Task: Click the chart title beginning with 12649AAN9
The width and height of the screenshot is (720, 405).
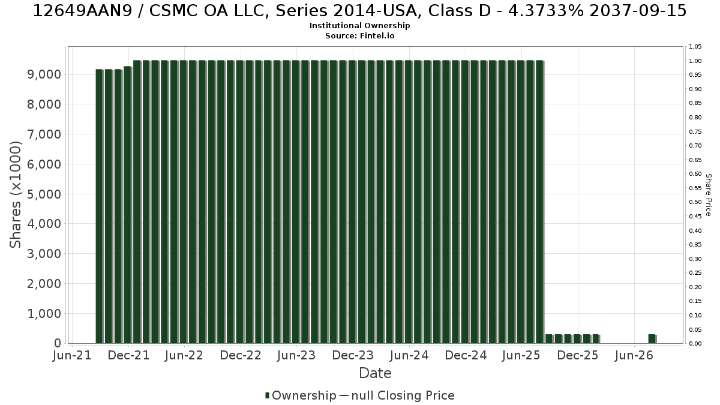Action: tap(359, 11)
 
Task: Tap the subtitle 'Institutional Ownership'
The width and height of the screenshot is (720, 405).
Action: tap(359, 26)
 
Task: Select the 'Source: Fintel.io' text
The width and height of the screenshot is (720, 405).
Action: tap(359, 35)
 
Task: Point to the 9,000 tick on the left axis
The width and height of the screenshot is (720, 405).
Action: tap(44, 74)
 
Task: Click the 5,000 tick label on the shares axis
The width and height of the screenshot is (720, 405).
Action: tap(44, 194)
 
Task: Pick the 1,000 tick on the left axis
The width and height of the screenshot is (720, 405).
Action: tap(44, 314)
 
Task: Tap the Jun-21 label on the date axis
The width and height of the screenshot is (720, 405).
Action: tap(72, 355)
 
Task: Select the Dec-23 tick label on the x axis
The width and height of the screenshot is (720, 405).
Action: tap(353, 355)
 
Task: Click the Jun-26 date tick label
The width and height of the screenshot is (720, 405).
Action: tap(634, 355)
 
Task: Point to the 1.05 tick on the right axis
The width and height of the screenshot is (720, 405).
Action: tap(695, 47)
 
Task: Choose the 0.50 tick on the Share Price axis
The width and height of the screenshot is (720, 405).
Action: tap(695, 202)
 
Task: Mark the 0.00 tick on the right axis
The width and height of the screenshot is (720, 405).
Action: tap(695, 344)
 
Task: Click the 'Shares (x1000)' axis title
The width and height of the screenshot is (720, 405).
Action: tap(15, 195)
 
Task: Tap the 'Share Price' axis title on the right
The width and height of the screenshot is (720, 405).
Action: tap(709, 195)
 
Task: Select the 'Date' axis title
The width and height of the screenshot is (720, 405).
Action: tap(375, 373)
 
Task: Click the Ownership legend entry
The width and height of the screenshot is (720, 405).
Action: tap(301, 395)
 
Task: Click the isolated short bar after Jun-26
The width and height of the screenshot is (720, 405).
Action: tap(652, 339)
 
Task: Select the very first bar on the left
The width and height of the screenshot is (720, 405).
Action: tap(100, 206)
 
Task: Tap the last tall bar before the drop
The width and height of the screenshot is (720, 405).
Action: tap(539, 202)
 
